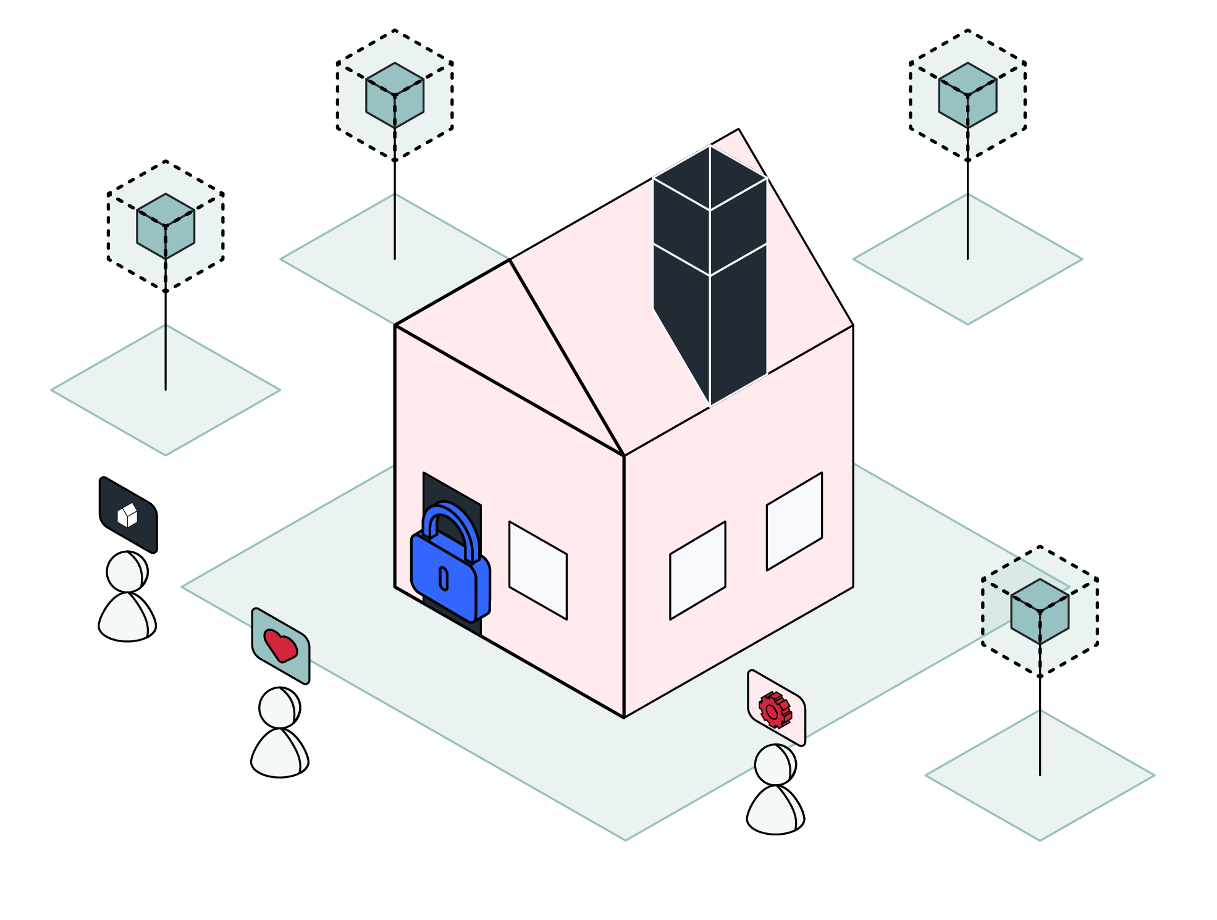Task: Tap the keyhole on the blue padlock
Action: [x=444, y=579]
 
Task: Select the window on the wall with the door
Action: [x=537, y=569]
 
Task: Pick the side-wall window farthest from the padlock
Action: [x=794, y=521]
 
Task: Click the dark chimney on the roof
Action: [x=710, y=272]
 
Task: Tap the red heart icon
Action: [x=280, y=645]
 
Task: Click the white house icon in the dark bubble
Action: [x=127, y=515]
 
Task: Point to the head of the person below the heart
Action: [x=279, y=708]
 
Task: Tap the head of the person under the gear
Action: [x=775, y=764]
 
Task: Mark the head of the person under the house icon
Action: [x=127, y=572]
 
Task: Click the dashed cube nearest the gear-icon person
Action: [x=1040, y=611]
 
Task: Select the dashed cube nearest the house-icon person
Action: [x=166, y=226]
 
